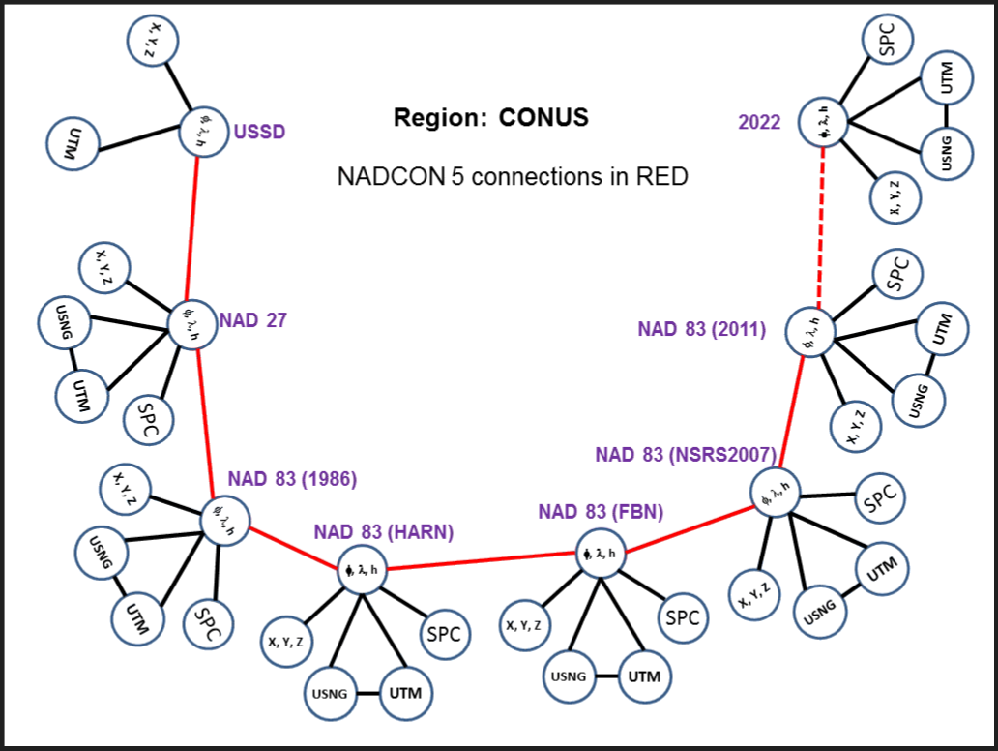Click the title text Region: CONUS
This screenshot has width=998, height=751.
(x=490, y=118)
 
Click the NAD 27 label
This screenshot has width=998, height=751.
(x=253, y=320)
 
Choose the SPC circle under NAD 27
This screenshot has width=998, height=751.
(x=150, y=418)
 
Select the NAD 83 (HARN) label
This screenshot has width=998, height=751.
(x=383, y=531)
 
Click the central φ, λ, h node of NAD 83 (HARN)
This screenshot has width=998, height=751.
(x=361, y=570)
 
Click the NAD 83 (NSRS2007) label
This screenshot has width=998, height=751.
(x=688, y=455)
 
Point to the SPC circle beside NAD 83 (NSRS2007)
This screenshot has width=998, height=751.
(x=880, y=498)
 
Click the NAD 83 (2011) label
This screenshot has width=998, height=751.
(x=701, y=330)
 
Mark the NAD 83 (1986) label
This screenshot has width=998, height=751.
(x=293, y=479)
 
